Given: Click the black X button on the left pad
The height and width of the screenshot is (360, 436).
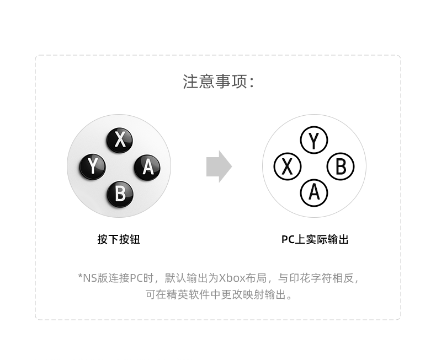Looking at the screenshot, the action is tap(120, 141).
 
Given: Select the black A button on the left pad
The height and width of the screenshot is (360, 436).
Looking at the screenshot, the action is tap(147, 166).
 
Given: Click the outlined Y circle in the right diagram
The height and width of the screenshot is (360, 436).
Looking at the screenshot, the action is tap(314, 141).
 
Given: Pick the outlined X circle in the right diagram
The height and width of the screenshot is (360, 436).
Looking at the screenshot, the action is tap(287, 166).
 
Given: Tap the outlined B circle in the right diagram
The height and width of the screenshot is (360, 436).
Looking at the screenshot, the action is tap(341, 166).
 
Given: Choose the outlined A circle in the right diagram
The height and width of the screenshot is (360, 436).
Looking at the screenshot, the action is tap(314, 192).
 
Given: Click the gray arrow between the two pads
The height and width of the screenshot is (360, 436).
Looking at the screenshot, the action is tap(219, 166).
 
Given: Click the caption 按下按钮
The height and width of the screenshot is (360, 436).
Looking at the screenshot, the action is tap(119, 239).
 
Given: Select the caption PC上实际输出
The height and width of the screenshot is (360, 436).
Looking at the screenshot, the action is tap(315, 239).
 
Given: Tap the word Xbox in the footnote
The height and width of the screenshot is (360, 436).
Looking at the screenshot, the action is tap(231, 278).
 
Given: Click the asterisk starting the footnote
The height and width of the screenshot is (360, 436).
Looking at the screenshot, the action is tap(80, 277).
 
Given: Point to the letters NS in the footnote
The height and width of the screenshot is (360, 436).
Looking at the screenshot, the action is tap(89, 278).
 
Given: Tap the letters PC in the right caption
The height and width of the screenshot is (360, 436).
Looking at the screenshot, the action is tap(288, 239).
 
